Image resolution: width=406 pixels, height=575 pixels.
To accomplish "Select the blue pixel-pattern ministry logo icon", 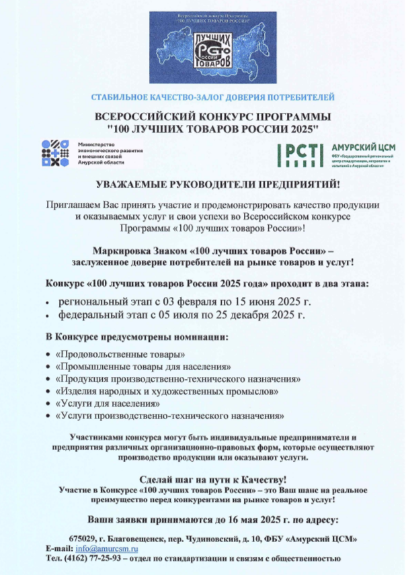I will pyautogui.click(x=55, y=152).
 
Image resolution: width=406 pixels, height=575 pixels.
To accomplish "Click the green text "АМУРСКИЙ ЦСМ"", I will pyautogui.click(x=364, y=147).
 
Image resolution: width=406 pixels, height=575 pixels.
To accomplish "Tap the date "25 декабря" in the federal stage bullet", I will pyautogui.click(x=254, y=313).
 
